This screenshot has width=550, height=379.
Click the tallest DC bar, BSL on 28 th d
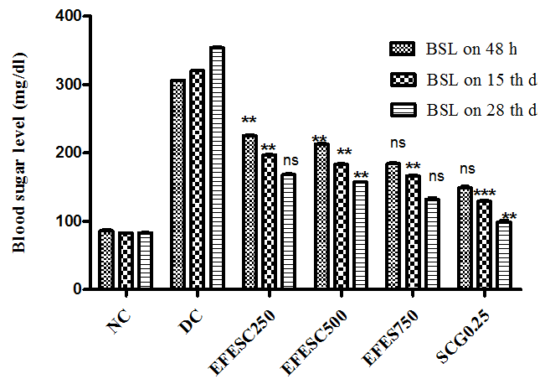coord(217,168)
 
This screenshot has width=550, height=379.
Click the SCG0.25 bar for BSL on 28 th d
coord(504,255)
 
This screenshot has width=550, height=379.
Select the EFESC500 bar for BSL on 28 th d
coord(361,235)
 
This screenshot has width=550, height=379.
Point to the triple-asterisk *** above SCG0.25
coord(485,194)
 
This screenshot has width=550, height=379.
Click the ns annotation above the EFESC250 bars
coord(290,161)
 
